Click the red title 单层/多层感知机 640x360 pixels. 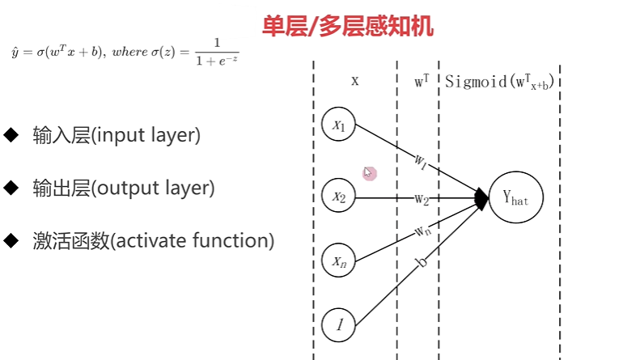[347, 28]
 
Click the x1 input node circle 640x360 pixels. [338, 125]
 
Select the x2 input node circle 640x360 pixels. [338, 195]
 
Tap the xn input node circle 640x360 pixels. [338, 260]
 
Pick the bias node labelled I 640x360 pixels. [338, 325]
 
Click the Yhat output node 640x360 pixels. [515, 197]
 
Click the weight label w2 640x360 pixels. [422, 198]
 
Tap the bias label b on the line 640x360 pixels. [420, 263]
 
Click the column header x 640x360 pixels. [354, 81]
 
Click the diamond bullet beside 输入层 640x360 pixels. [11, 134]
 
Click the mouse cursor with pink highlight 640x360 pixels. [369, 172]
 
